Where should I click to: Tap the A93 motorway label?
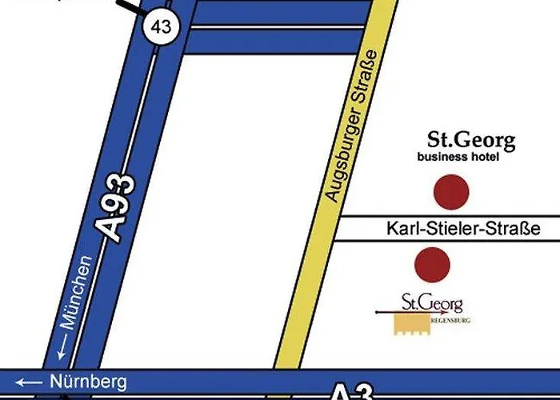[x=118, y=208]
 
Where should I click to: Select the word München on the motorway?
[x=77, y=291]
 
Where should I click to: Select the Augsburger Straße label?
[x=346, y=125]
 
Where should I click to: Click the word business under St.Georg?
[x=443, y=157]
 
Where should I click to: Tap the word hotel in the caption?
[x=485, y=157]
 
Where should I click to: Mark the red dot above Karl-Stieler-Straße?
[x=450, y=192]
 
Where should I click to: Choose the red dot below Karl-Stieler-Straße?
[x=432, y=265]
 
